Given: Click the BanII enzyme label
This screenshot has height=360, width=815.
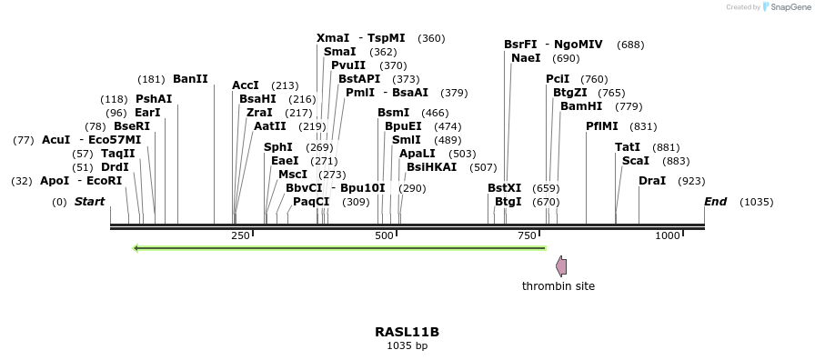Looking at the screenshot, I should pyautogui.click(x=190, y=79).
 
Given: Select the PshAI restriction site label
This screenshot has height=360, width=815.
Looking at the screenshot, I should pyautogui.click(x=154, y=99).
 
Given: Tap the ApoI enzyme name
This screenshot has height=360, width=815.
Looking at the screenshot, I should pyautogui.click(x=55, y=181).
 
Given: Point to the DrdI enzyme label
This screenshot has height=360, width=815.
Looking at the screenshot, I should pyautogui.click(x=115, y=167).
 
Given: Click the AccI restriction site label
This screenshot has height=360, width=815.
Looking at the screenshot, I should pyautogui.click(x=246, y=85).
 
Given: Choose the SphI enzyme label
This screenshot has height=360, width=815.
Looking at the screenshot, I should pyautogui.click(x=278, y=147).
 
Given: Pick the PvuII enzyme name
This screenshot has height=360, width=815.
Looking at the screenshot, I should pyautogui.click(x=348, y=65).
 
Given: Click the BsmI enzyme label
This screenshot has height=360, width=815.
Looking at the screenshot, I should pyautogui.click(x=393, y=113).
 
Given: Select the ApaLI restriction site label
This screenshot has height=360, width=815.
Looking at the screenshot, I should pyautogui.click(x=418, y=154).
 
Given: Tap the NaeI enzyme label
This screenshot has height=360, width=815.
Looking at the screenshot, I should pyautogui.click(x=526, y=58).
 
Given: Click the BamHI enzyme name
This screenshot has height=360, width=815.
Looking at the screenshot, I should pyautogui.click(x=581, y=106).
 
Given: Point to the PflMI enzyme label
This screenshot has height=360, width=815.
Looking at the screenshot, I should pyautogui.click(x=602, y=126).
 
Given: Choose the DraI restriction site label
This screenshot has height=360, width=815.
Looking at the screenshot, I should pyautogui.click(x=652, y=181).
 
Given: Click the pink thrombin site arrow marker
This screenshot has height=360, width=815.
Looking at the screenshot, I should pyautogui.click(x=561, y=266).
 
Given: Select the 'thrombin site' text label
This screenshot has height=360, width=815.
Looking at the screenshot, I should pyautogui.click(x=558, y=286).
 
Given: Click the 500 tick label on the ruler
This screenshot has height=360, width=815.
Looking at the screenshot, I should pyautogui.click(x=384, y=235).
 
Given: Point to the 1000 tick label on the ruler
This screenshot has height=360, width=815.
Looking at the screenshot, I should pyautogui.click(x=668, y=235).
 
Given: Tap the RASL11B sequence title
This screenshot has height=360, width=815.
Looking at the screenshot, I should pyautogui.click(x=407, y=332).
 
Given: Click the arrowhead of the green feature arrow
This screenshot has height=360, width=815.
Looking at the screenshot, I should pyautogui.click(x=136, y=248).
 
